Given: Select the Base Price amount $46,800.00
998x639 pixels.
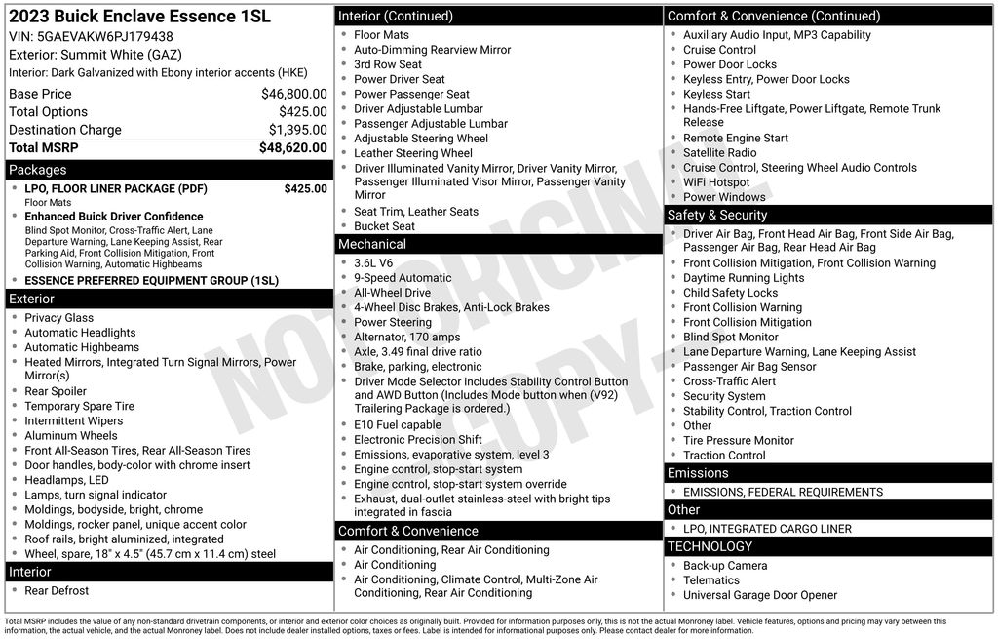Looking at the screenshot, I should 293,94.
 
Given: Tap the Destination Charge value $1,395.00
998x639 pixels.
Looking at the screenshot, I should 297,130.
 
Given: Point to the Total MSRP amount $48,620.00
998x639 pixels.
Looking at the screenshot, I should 292,148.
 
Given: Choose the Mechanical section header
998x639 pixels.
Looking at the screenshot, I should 371,244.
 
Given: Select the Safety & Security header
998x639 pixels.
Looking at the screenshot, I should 716,215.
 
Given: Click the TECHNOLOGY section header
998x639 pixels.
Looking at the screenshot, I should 710,546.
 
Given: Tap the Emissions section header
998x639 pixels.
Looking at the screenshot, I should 698,473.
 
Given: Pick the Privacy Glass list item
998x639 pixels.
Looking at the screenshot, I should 59,318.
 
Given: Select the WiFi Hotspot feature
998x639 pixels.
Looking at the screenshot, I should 716,182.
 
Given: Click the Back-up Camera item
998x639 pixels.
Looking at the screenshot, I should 725,566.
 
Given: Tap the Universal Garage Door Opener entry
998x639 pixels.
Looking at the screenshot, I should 760,595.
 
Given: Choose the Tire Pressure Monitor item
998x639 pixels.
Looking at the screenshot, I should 739,441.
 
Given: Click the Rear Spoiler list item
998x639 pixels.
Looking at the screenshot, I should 56,391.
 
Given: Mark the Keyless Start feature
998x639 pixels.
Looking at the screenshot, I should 716,95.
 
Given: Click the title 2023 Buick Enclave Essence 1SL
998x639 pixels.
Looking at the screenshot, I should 139,17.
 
